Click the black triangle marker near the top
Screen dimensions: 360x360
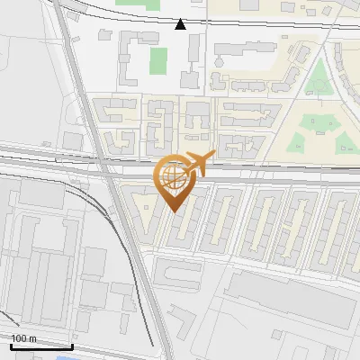click(181, 24)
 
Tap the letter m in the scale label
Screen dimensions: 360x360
click(33, 338)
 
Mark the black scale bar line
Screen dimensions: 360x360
click(40, 346)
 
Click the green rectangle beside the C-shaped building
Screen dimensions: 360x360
click(158, 60)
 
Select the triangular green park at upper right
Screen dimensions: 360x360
click(317, 81)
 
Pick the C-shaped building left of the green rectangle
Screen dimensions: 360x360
click(132, 56)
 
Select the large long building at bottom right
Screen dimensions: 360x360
click(288, 301)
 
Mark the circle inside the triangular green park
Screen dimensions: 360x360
click(317, 85)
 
